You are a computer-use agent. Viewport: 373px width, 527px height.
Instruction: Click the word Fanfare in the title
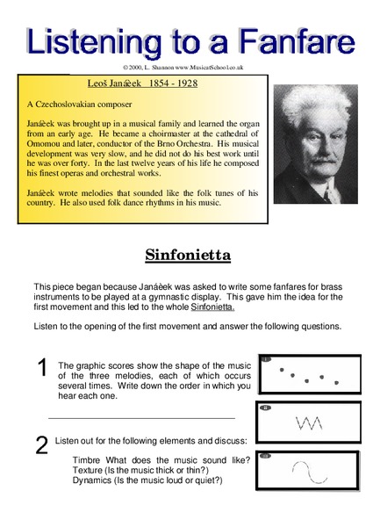point(293,41)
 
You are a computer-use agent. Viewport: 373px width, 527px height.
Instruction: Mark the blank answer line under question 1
point(142,418)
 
